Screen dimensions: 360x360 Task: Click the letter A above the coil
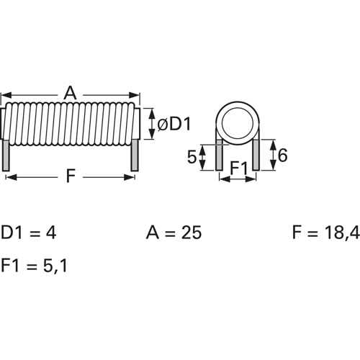pyautogui.click(x=70, y=93)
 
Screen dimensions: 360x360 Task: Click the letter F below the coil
pyautogui.click(x=70, y=176)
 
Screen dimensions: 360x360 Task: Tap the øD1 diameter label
pyautogui.click(x=174, y=124)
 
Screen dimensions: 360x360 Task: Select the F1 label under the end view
pyautogui.click(x=238, y=168)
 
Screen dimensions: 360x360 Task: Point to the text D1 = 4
pyautogui.click(x=28, y=233)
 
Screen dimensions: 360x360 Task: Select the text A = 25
pyautogui.click(x=174, y=233)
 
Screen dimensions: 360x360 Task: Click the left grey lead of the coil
pyautogui.click(x=7, y=156)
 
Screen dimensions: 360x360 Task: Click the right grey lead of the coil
pyautogui.click(x=134, y=156)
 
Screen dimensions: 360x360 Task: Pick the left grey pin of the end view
pyautogui.click(x=219, y=155)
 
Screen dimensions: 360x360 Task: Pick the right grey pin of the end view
pyautogui.click(x=256, y=155)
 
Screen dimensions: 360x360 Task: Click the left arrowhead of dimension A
pyautogui.click(x=6, y=95)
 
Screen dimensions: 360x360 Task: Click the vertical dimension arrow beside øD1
pyautogui.click(x=150, y=124)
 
